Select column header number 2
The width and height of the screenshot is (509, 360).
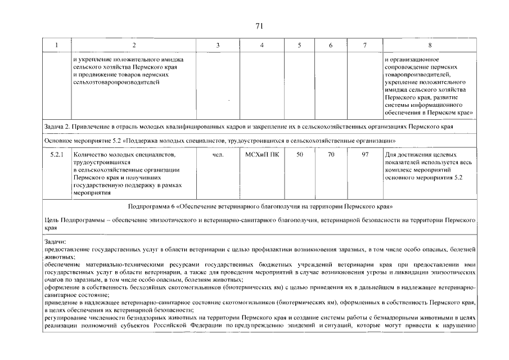(x=133, y=45)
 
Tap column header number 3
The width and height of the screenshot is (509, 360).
(x=218, y=45)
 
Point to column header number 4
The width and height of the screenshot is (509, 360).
(x=262, y=45)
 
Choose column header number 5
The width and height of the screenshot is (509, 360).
(x=299, y=45)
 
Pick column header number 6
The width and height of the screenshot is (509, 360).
(x=330, y=45)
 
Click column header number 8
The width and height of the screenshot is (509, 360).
(x=430, y=45)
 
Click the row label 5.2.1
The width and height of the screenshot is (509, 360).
(x=57, y=154)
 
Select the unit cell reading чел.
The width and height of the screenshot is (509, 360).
(x=219, y=154)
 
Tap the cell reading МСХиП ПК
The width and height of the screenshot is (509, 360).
(x=262, y=154)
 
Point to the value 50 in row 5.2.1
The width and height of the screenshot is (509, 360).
(x=299, y=154)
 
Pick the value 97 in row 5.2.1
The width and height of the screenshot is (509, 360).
(x=365, y=154)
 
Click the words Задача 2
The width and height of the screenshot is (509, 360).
(x=59, y=127)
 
